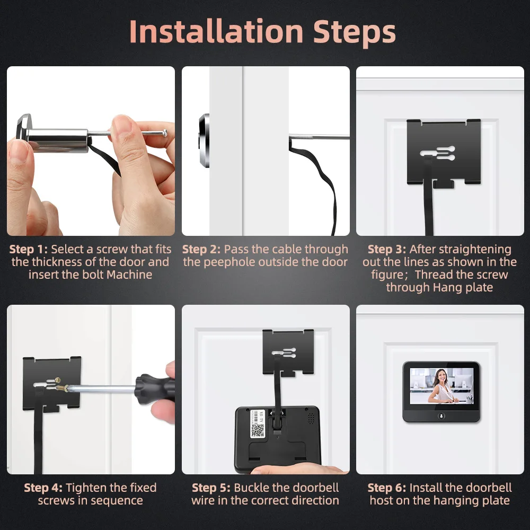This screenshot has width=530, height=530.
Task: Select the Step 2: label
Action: coord(201,249)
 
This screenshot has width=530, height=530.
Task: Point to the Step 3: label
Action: coord(387,249)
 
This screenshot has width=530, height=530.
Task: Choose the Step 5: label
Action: coord(211,488)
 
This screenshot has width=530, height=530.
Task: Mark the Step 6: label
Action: coord(387,488)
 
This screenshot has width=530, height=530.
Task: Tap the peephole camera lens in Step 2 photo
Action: coord(204,140)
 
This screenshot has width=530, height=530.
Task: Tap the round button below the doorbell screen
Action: coord(441,415)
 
